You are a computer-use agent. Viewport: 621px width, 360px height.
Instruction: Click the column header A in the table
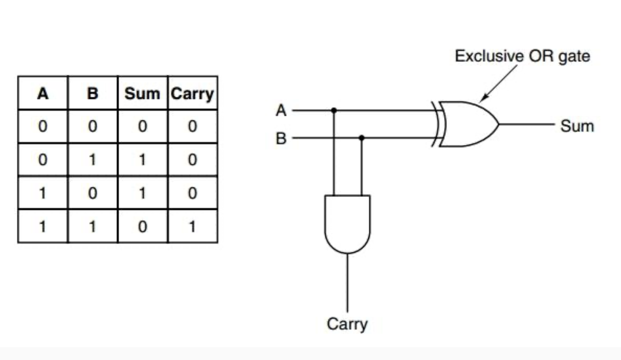[42, 93]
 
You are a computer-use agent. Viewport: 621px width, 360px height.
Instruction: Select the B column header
[92, 93]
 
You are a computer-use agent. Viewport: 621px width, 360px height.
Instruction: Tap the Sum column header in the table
[142, 93]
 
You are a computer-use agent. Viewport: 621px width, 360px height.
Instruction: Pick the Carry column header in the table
[192, 94]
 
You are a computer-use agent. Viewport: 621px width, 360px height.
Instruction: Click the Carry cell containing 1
[192, 226]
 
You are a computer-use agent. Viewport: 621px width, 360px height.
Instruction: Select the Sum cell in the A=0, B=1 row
[142, 160]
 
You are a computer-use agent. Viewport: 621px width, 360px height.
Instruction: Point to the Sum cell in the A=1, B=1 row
[142, 226]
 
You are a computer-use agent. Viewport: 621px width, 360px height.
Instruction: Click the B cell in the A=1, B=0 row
[92, 193]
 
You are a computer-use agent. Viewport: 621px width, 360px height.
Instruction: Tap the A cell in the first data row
[42, 127]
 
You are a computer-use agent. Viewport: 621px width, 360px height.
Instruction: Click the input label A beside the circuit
[281, 111]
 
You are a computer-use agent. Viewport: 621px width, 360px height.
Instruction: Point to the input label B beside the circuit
[281, 139]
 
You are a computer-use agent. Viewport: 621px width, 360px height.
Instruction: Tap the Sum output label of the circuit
[577, 126]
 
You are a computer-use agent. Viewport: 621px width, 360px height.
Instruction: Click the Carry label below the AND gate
[347, 325]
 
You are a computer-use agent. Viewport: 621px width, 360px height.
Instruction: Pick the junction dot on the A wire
[334, 110]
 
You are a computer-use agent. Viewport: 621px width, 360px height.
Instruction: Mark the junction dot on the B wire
[361, 138]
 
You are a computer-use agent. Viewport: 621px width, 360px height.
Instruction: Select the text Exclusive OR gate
[522, 56]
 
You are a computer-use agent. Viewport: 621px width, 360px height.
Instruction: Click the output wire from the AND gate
[347, 282]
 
